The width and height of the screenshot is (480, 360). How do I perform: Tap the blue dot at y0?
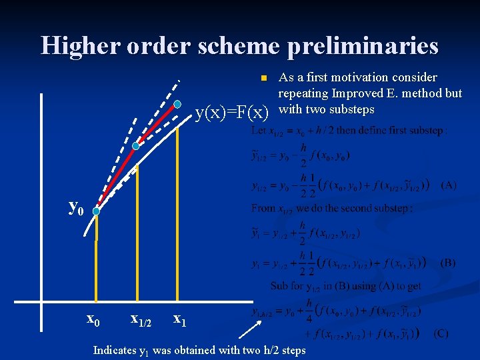coord(96,211)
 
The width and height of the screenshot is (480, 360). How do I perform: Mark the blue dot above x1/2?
coord(136,145)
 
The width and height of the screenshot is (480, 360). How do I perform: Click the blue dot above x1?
coord(178,104)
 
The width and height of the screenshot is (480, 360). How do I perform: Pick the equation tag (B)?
coord(447,262)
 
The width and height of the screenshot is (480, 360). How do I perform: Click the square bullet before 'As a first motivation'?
coord(263,77)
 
